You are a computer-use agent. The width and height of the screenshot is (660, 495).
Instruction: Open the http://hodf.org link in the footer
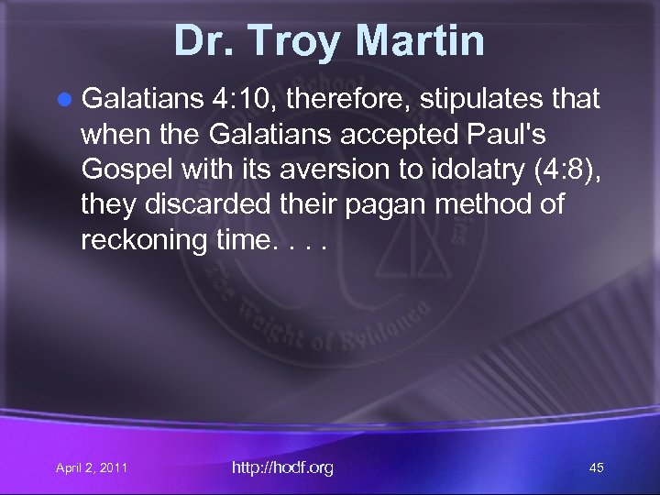pos(282,467)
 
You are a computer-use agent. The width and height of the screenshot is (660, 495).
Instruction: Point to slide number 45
pos(596,468)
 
